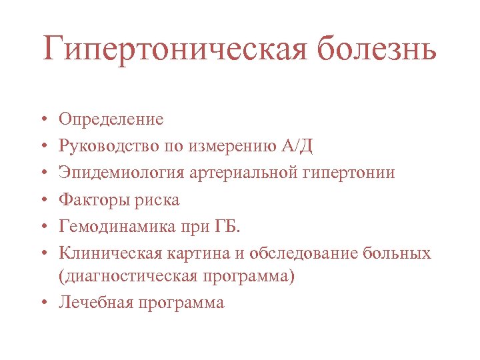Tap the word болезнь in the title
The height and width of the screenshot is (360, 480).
[x=376, y=50]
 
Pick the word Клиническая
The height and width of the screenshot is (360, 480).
[x=106, y=253]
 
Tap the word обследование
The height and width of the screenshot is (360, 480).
[x=300, y=253]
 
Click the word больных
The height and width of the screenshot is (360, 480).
[x=398, y=253]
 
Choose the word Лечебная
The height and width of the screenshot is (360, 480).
[x=97, y=303]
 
